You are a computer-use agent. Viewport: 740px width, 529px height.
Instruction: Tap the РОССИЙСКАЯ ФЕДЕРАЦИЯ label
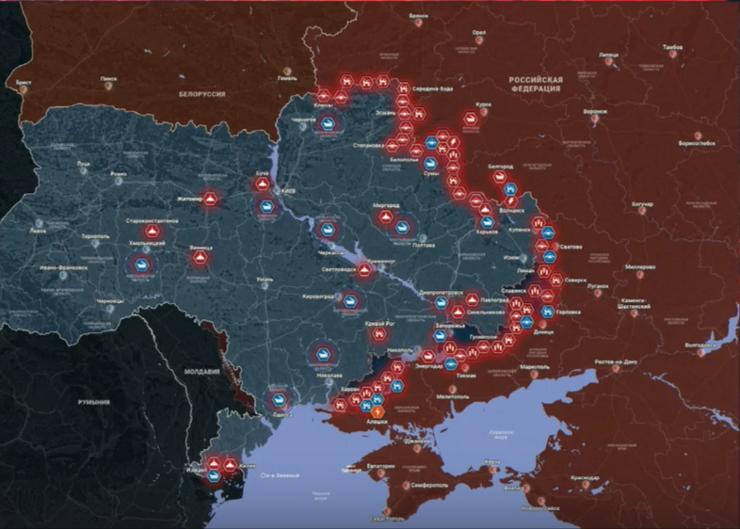534,84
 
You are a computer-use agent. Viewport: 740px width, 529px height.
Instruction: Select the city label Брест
24,83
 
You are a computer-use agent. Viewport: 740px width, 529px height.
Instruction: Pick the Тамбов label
672,46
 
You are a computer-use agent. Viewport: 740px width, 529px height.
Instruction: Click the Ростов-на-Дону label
617,361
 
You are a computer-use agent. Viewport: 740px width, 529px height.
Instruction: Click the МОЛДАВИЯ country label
202,372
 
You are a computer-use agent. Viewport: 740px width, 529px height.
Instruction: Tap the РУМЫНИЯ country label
93,402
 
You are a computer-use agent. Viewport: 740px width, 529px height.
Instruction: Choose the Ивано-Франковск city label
63,267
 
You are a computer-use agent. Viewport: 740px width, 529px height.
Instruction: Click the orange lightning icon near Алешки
378,411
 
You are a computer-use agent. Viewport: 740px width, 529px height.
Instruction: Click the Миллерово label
639,266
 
